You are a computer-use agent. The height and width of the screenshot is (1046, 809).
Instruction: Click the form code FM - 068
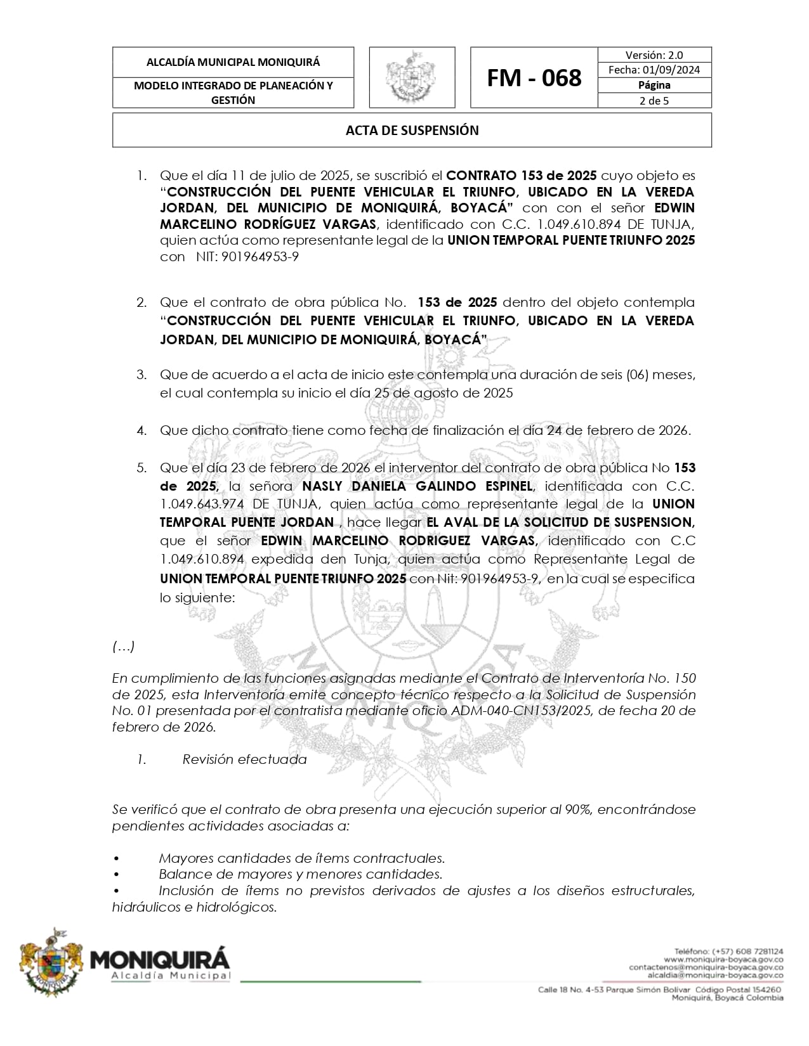(x=534, y=78)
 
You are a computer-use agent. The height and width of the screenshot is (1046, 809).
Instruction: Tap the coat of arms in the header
(x=412, y=77)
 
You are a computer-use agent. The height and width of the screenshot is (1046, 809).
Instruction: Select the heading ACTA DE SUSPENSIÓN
(x=412, y=131)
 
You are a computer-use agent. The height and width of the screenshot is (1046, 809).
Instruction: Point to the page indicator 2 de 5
(x=654, y=100)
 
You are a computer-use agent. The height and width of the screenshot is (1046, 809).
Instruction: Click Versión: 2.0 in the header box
(x=654, y=55)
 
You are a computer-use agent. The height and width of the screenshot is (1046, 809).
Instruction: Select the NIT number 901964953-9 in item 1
(x=260, y=257)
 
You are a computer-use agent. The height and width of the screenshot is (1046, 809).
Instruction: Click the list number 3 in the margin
(x=141, y=374)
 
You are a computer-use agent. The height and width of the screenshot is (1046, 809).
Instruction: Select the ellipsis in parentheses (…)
(x=123, y=647)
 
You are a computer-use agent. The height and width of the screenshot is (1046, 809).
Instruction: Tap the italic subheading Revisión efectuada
(x=244, y=759)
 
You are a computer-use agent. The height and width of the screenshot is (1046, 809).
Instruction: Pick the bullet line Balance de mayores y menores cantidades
(x=300, y=874)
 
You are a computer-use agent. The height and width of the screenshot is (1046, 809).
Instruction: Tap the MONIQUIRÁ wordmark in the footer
(x=161, y=958)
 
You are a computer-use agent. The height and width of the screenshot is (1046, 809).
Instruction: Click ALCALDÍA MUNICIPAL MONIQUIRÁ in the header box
(x=233, y=62)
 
